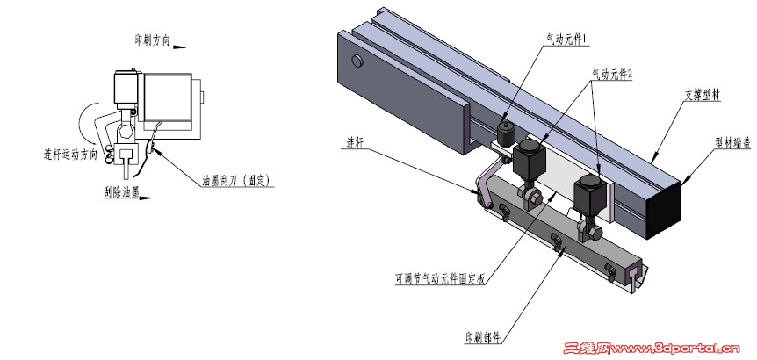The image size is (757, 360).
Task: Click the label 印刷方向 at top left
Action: click(152, 40)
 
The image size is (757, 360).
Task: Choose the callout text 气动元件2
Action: click(612, 75)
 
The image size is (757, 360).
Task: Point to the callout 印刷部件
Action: click(484, 337)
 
